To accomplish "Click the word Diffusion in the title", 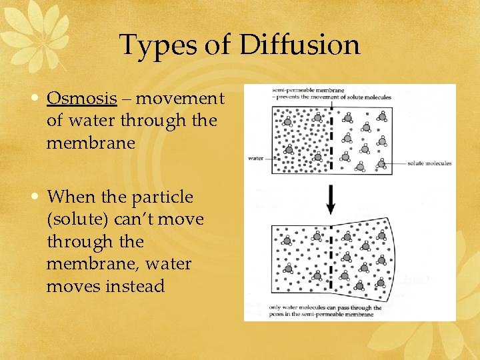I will click(299, 45).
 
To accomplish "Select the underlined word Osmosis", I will click(81, 99).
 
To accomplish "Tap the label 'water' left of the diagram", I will click(256, 158).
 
